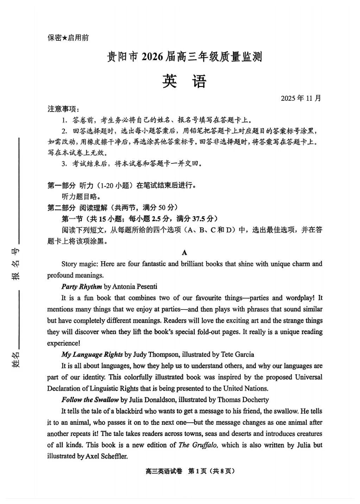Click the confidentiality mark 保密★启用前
pyautogui.click(x=68, y=37)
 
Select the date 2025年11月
pyautogui.click(x=301, y=98)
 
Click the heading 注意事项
pyautogui.click(x=62, y=109)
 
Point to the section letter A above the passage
pyautogui.click(x=184, y=253)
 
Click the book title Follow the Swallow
pyautogui.click(x=90, y=400)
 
